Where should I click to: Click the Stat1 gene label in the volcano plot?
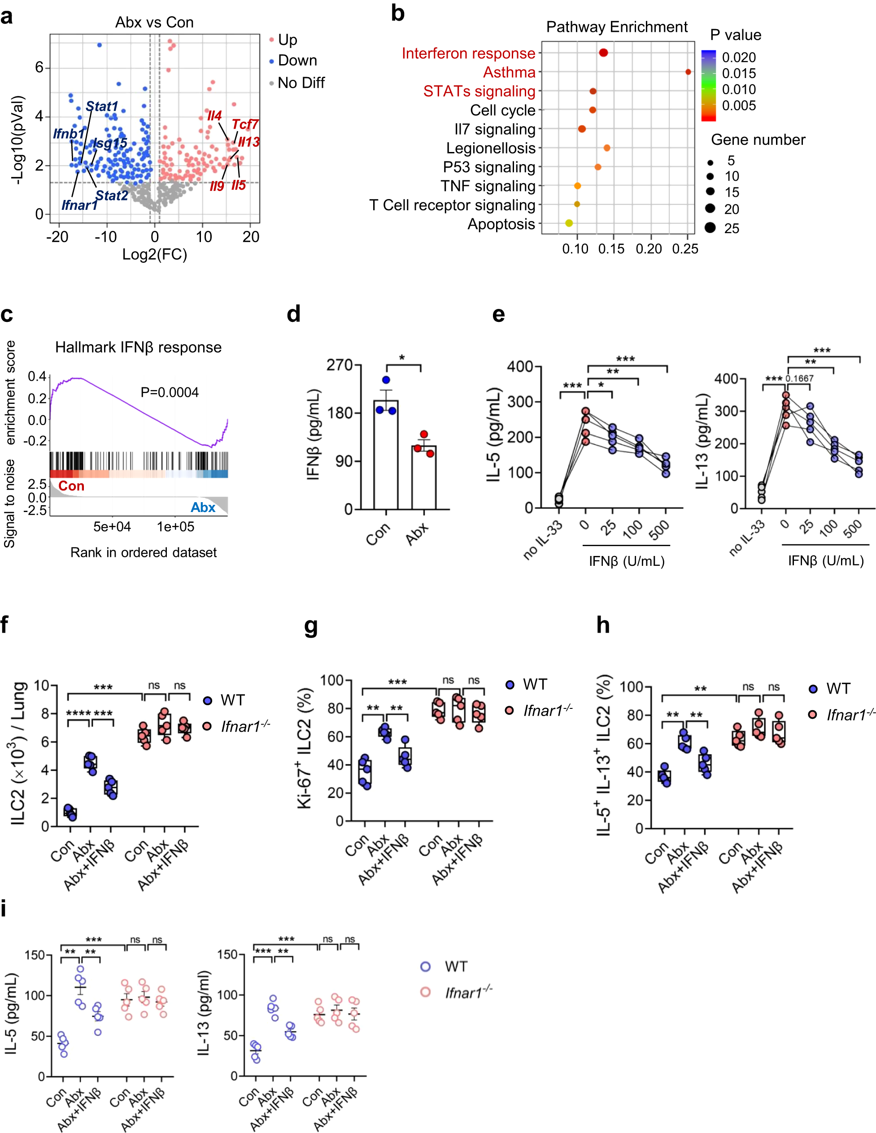tap(102, 106)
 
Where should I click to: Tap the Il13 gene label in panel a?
tap(248, 142)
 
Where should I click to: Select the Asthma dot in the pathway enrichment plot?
tap(688, 72)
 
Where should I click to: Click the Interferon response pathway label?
tap(468, 53)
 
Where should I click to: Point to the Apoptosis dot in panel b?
tap(569, 223)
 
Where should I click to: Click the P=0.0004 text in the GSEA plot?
tap(169, 392)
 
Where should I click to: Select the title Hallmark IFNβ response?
tap(138, 347)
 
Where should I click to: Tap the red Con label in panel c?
tap(71, 486)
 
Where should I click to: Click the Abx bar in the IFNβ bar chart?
tap(424, 477)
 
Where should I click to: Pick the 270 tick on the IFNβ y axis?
tap(340, 365)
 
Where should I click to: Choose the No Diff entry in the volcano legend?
tap(301, 82)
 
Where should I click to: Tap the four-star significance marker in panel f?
tap(78, 714)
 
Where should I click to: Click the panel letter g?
tap(310, 626)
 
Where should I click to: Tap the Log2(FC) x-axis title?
tap(155, 254)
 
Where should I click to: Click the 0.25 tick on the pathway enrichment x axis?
tap(685, 249)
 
